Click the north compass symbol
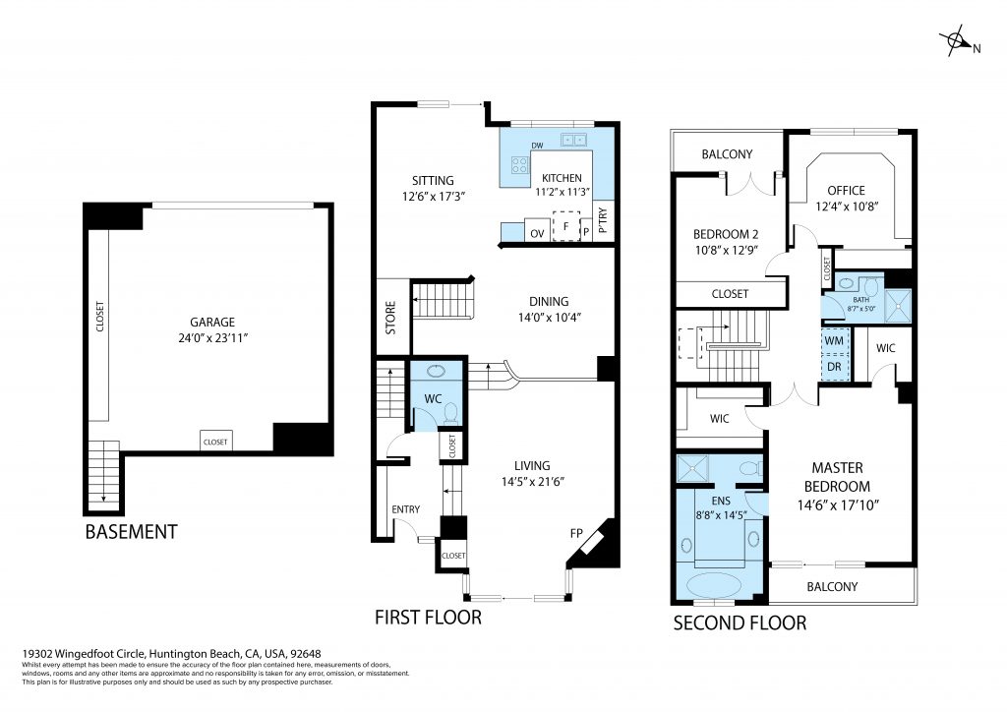coord(955,42)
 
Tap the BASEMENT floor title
coord(131,532)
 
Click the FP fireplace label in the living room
coord(577,534)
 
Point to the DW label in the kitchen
coord(537,147)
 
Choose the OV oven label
coord(538,233)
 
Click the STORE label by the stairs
coord(390,317)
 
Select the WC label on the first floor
coord(432,399)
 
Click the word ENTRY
coord(405,508)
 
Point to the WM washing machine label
coord(835,341)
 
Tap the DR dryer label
coord(835,366)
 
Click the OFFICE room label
coord(846,191)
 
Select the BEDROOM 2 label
coord(726,234)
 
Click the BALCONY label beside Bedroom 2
coord(727,154)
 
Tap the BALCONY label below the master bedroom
coord(832,587)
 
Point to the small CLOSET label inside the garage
coord(215,443)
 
